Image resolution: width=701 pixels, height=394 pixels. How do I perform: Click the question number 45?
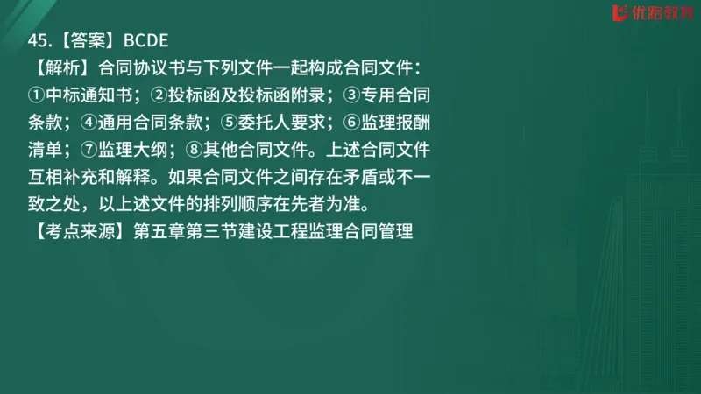tap(38, 39)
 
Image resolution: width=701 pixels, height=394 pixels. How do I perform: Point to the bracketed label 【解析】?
tap(60, 67)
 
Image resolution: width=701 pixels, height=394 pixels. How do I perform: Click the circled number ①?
tap(35, 95)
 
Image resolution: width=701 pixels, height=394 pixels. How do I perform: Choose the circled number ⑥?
tap(350, 123)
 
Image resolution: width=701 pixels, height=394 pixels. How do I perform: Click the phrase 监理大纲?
tap(145, 150)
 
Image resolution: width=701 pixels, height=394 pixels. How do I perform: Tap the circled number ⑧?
tap(199, 150)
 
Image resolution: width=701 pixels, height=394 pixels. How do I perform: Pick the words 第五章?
tap(158, 234)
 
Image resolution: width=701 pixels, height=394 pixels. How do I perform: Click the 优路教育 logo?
tap(649, 15)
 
